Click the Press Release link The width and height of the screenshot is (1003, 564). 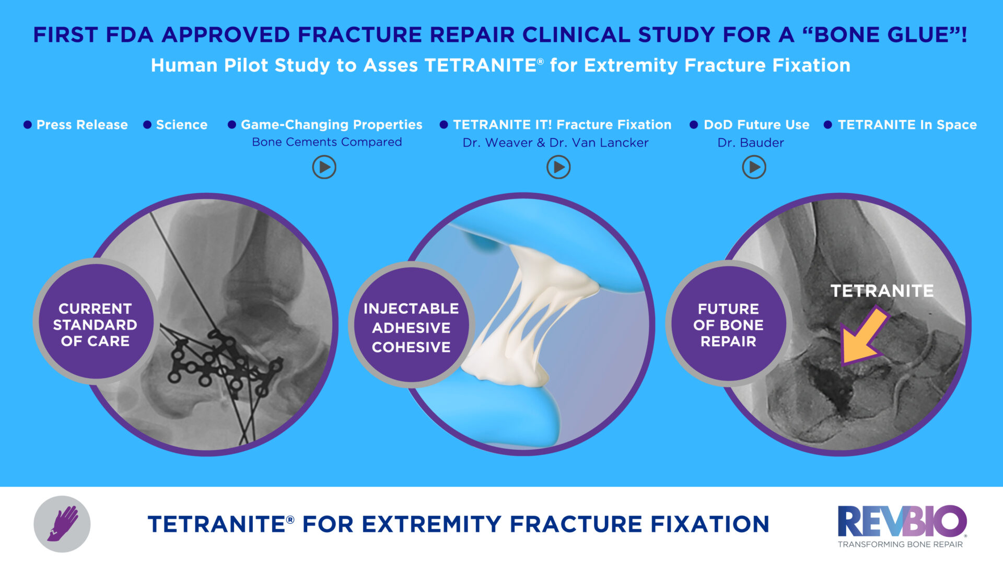[x=81, y=125]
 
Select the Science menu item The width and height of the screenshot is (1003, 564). [x=181, y=125]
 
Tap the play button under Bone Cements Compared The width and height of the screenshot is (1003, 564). [x=324, y=168]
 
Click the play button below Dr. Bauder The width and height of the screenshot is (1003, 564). [x=754, y=168]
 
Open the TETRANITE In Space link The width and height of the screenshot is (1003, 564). [x=906, y=125]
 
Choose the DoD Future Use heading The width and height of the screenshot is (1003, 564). [x=756, y=125]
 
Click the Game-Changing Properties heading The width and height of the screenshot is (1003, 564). [x=331, y=125]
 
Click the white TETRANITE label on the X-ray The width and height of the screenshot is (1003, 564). [x=882, y=291]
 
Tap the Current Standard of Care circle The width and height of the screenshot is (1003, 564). [x=95, y=325]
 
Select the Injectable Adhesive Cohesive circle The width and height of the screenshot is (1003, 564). [x=411, y=327]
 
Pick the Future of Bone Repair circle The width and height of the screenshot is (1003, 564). [x=728, y=325]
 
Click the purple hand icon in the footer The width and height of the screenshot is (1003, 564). [x=62, y=524]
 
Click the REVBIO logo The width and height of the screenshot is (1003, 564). [x=902, y=521]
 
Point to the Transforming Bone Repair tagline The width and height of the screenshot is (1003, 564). [x=900, y=545]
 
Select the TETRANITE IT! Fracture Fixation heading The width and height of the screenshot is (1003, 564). [x=562, y=125]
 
